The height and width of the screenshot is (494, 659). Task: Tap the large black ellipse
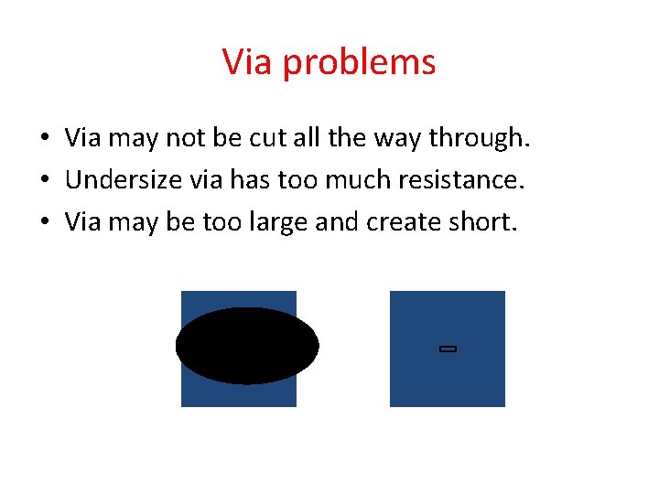click(x=247, y=346)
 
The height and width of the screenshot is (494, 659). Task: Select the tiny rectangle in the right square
click(x=448, y=349)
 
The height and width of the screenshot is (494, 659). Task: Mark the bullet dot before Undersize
click(x=44, y=181)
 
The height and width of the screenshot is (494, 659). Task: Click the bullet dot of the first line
click(x=44, y=139)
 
